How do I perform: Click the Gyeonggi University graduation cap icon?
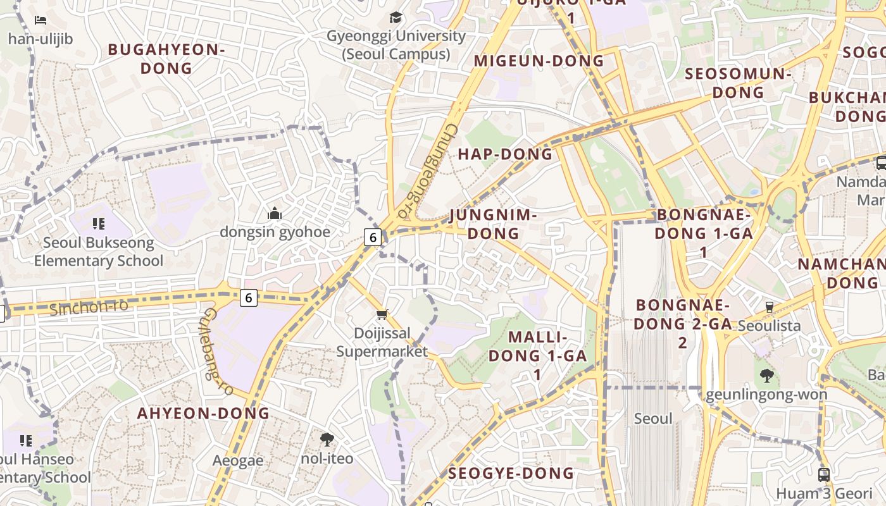pos(396,17)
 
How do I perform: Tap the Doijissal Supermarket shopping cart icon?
pos(382,314)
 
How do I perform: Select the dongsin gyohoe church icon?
pos(274,213)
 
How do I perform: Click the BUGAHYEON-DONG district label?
pos(166,59)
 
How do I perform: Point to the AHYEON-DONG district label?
pos(204,414)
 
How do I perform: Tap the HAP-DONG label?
pos(505,154)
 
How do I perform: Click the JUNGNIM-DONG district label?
pos(493,225)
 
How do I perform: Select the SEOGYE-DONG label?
pos(511,473)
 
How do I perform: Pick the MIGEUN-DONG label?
pos(539,61)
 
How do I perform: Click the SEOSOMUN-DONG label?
pos(739,83)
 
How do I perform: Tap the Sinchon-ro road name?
pos(89,307)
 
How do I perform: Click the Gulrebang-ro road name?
pos(218,352)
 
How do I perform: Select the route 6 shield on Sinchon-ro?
pos(249,297)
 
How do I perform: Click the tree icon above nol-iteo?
pos(327,439)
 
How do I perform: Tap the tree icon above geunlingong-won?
pos(766,376)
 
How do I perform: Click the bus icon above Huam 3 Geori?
pos(823,474)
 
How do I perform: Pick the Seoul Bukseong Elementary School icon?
pos(98,223)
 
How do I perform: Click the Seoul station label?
pos(653,419)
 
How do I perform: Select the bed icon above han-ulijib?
pos(41,20)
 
